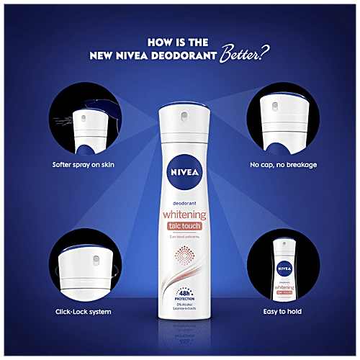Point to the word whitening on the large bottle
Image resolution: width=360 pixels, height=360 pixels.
point(180,215)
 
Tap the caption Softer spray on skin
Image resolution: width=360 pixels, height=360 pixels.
point(84,165)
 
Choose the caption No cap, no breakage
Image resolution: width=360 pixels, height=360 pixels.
point(283,165)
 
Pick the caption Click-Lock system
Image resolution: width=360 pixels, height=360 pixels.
point(81,312)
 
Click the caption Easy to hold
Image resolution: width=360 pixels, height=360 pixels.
point(282,312)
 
